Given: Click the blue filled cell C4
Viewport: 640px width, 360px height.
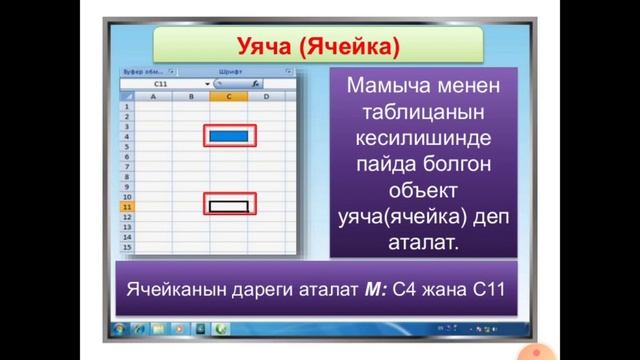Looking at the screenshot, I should point(230,135).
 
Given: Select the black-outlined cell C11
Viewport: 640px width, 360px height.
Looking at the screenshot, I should point(230,205).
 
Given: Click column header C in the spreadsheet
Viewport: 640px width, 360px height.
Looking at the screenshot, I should point(229,97).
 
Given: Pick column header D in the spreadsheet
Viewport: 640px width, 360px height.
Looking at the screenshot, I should point(266,97).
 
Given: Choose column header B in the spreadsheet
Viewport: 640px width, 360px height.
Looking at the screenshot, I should point(191,97).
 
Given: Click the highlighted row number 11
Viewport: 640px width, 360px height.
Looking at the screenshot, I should point(127,206).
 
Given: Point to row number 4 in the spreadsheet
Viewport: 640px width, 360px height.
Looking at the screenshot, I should point(127,137).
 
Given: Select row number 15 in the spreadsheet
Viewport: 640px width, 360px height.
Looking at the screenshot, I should point(127,245).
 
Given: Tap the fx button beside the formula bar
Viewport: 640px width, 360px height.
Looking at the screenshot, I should point(256,86).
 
